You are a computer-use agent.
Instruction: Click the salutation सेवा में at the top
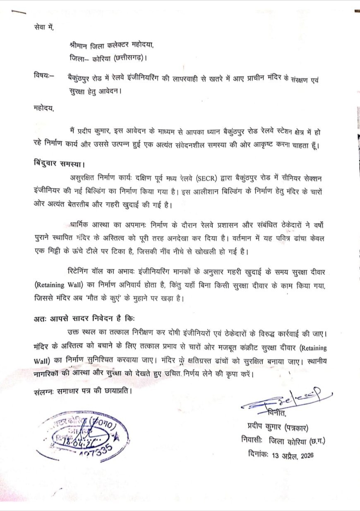coord(44,28)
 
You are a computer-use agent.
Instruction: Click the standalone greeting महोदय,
coord(44,108)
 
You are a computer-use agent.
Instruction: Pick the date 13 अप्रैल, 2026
coord(293,456)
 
